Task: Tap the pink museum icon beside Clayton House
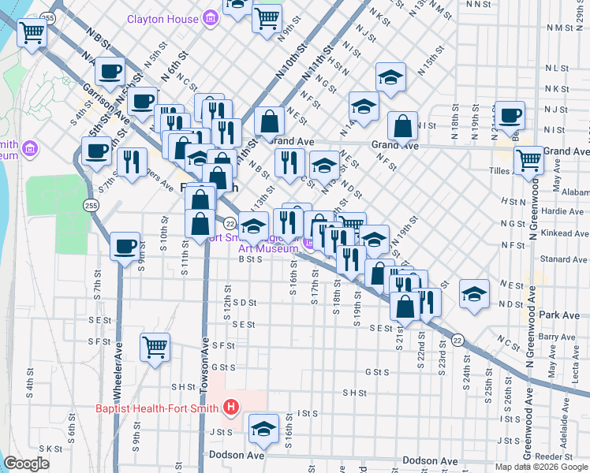point(211,16)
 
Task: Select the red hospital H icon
point(231,408)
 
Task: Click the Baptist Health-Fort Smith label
point(158,408)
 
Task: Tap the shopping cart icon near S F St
point(155,346)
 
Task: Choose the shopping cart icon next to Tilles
point(528,159)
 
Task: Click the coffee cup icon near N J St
point(509,114)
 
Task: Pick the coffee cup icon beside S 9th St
point(125,246)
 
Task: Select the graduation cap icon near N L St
point(390,76)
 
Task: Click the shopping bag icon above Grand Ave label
point(270,121)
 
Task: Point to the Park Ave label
point(560,315)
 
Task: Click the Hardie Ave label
point(563,211)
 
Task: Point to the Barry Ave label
point(558,337)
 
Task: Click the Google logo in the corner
point(26,464)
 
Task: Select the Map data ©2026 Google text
point(541,467)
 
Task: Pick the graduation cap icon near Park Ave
point(473,293)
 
